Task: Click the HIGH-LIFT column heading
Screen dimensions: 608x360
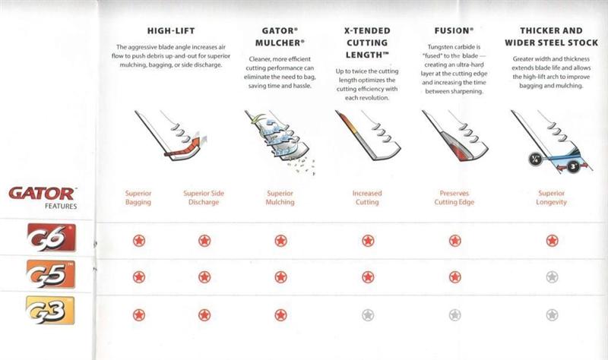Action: (171, 30)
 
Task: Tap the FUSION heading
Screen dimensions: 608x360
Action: (454, 30)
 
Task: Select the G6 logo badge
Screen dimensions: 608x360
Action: (52, 238)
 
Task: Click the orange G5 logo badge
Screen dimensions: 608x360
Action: (51, 274)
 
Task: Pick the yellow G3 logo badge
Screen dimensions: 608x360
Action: (50, 311)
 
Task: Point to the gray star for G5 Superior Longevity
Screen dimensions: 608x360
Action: (552, 277)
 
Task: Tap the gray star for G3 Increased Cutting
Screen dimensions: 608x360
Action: (368, 315)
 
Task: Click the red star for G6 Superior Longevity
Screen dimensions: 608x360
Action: (552, 241)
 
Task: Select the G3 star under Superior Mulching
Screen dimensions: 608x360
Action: (280, 315)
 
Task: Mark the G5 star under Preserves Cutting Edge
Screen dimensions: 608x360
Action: (454, 277)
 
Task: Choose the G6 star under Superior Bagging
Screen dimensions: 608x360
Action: (139, 241)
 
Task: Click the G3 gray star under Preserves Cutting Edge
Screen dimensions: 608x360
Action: (454, 315)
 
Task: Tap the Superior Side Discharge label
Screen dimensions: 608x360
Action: (204, 197)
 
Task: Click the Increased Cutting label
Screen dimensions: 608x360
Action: (367, 197)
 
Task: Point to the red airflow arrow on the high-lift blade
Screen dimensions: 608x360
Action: (185, 147)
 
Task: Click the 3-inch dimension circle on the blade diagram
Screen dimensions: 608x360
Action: (574, 167)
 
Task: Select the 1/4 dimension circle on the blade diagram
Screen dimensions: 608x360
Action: (536, 159)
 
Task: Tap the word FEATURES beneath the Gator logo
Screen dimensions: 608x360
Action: (61, 206)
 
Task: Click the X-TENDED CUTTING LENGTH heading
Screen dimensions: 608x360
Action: (367, 43)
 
